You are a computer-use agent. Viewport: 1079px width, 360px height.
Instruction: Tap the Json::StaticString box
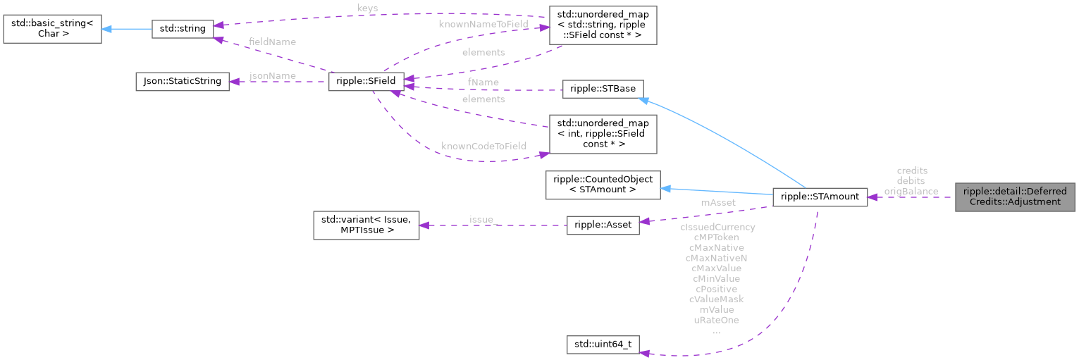pyautogui.click(x=182, y=82)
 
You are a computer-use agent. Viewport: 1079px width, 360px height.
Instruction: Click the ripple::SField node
pyautogui.click(x=366, y=82)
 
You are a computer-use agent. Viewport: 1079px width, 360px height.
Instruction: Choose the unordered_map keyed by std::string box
pyautogui.click(x=603, y=26)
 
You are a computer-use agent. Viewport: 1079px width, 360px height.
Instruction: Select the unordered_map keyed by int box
pyautogui.click(x=603, y=134)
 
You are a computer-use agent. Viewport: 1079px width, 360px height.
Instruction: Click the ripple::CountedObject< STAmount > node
pyautogui.click(x=603, y=184)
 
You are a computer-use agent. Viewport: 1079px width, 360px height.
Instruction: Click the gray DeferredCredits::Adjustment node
pyautogui.click(x=1015, y=197)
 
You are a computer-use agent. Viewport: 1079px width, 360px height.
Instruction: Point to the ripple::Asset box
pyautogui.click(x=603, y=225)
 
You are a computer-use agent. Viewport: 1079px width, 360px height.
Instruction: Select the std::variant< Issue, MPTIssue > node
pyautogui.click(x=366, y=225)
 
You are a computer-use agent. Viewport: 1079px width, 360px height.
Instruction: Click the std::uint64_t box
pyautogui.click(x=603, y=346)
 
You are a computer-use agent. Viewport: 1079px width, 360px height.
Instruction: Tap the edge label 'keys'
pyautogui.click(x=366, y=8)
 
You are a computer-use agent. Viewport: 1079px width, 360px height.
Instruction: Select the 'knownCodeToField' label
pyautogui.click(x=483, y=146)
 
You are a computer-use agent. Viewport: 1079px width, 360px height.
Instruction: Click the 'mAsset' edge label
pyautogui.click(x=717, y=202)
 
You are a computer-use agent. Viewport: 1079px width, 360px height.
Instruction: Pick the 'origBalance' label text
pyautogui.click(x=911, y=191)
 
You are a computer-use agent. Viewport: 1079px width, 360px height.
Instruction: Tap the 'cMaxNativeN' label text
pyautogui.click(x=716, y=258)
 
